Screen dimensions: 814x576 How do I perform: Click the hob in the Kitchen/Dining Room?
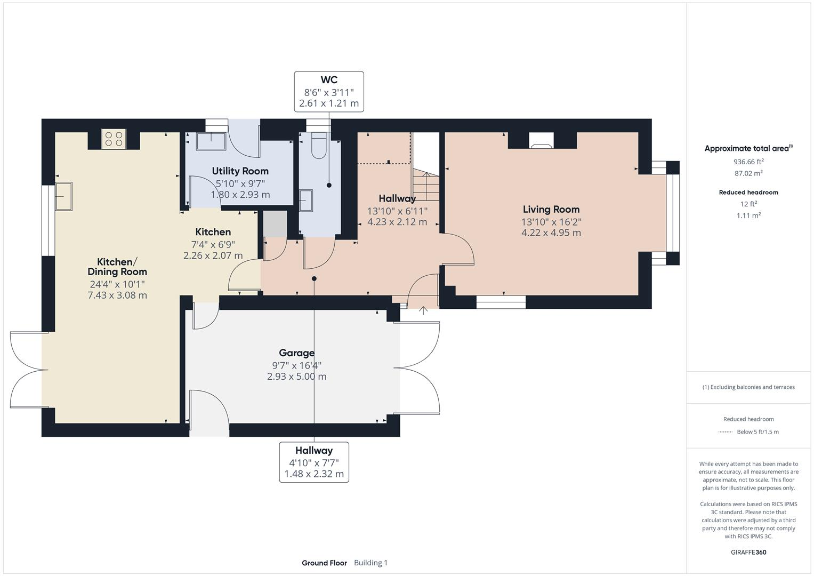[x=114, y=139]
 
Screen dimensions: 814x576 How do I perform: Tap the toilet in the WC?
[x=319, y=146]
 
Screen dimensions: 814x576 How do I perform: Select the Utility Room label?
[x=240, y=171]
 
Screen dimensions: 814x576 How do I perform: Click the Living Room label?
[x=551, y=210]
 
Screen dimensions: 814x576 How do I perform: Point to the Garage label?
[x=296, y=353]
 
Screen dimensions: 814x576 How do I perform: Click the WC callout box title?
[x=329, y=79]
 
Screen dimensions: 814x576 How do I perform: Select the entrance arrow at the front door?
[x=423, y=310]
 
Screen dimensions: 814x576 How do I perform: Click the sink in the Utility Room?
[x=211, y=141]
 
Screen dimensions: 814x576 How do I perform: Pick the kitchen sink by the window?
[x=63, y=196]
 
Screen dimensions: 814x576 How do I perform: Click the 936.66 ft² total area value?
[x=748, y=162]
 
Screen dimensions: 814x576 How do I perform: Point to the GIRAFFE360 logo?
[x=748, y=552]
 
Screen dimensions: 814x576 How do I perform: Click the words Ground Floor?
[x=324, y=563]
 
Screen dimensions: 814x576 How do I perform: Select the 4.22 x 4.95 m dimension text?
[x=551, y=233]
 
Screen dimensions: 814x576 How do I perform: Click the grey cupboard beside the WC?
[x=275, y=223]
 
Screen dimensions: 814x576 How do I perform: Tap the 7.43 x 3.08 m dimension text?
[x=117, y=295]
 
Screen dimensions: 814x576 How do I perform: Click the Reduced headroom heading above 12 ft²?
[x=748, y=193]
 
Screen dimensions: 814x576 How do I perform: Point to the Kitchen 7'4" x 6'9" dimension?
[x=213, y=244]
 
